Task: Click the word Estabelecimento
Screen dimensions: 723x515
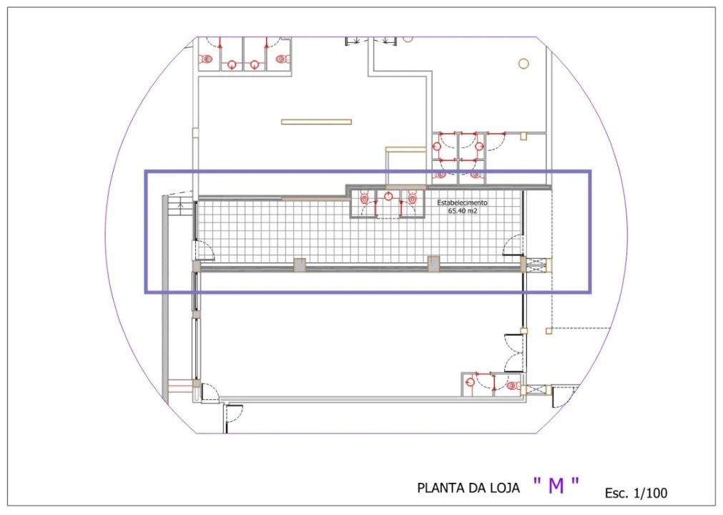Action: click(x=462, y=202)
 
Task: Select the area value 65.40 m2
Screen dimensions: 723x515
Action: click(x=463, y=211)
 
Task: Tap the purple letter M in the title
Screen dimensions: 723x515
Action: click(x=556, y=486)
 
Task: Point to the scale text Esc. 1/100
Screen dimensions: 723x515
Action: click(x=636, y=493)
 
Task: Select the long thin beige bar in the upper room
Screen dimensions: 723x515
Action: click(x=316, y=122)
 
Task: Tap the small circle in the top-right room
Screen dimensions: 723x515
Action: click(x=523, y=64)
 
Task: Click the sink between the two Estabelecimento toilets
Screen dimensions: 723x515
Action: click(x=388, y=197)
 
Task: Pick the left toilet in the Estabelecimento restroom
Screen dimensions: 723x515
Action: click(x=364, y=198)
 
